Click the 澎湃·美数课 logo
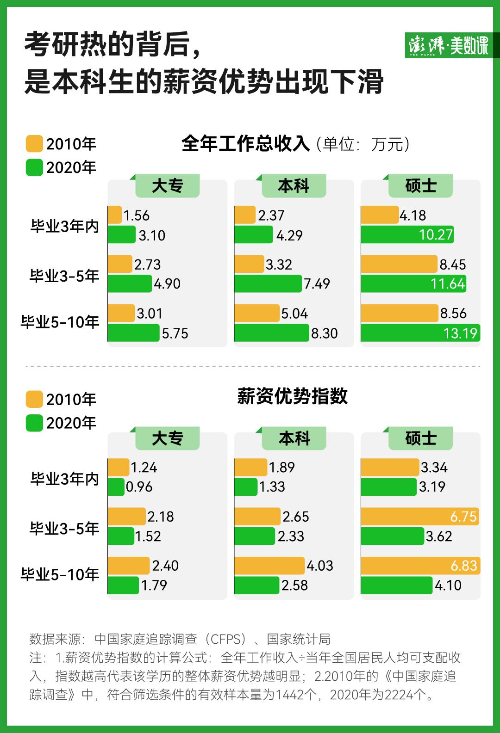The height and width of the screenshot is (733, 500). point(448,45)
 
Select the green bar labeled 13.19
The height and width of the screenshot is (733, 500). point(420,333)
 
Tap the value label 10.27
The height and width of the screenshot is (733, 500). point(436,235)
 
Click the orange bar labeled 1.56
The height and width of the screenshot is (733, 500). point(115,215)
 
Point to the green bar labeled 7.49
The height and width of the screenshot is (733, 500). point(268,283)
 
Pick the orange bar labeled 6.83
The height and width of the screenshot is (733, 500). point(420,566)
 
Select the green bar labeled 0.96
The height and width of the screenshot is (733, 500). point(116,487)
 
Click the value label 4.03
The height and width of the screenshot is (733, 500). point(320,566)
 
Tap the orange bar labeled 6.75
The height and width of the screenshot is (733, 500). point(419,517)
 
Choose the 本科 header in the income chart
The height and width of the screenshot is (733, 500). point(294,186)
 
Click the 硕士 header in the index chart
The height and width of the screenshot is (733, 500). point(420,438)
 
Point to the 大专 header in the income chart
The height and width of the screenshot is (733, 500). point(168,186)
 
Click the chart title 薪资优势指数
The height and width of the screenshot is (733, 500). point(292,396)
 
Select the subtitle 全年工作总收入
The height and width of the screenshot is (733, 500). point(246,144)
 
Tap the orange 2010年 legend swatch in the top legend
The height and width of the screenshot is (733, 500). point(34,144)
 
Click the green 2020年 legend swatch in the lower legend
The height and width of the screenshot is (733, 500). point(34,423)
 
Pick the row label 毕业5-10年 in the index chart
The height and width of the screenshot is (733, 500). point(60,574)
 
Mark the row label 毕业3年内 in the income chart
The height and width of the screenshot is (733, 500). point(65,226)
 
